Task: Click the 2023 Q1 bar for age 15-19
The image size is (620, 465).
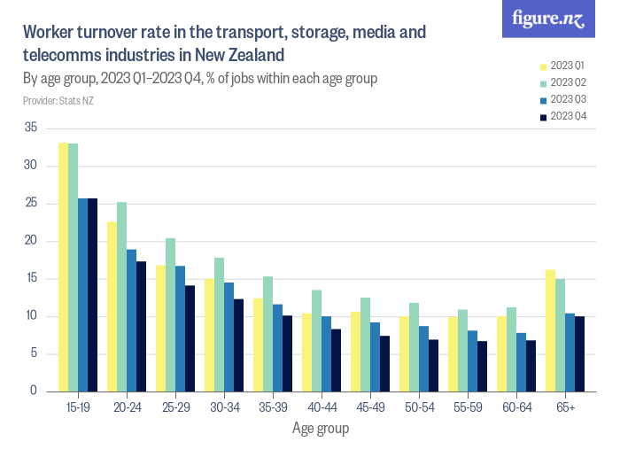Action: [x=64, y=267]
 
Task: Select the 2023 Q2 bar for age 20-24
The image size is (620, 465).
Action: [x=122, y=297]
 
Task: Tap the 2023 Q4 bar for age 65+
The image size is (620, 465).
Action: [x=579, y=353]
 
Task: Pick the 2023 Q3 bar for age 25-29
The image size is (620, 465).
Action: [x=181, y=329]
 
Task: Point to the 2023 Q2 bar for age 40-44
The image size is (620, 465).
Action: [x=317, y=341]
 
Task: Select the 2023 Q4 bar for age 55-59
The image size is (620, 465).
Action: [x=482, y=366]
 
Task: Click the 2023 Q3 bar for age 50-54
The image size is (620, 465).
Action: [x=423, y=359]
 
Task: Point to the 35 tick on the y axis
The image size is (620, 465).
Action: [x=31, y=128]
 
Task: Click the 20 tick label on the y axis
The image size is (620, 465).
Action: [x=31, y=241]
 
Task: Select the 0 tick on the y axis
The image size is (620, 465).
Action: [x=34, y=391]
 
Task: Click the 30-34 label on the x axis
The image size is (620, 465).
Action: [x=223, y=407]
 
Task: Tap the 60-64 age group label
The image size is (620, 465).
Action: [x=515, y=407]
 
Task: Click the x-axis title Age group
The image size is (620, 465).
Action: [x=321, y=429]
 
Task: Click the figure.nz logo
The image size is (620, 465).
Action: [x=548, y=19]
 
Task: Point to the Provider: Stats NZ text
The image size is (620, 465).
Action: [x=58, y=101]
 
